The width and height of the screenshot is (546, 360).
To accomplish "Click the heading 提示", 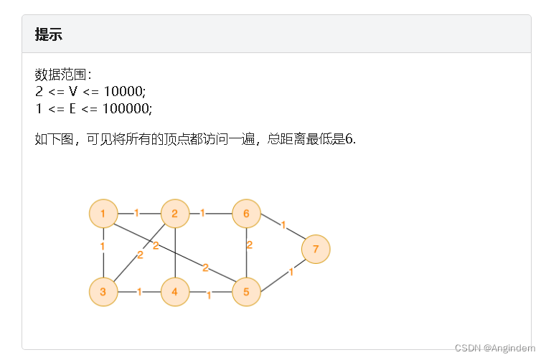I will [48, 34].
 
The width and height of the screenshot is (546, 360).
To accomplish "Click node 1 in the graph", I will [103, 213].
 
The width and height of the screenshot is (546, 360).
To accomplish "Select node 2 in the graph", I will [174, 213].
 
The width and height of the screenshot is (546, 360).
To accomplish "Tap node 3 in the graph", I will [103, 292].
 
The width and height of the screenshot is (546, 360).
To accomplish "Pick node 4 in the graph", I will [174, 292].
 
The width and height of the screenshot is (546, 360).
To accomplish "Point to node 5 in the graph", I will [246, 292].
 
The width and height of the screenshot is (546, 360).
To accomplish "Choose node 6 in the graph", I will [246, 213].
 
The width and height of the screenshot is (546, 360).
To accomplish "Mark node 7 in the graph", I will [316, 249].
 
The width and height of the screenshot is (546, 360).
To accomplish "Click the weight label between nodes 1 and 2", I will [137, 213].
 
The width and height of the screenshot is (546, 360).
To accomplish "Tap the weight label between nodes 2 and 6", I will [203, 213].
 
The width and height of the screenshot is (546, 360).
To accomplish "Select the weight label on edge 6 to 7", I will [283, 225].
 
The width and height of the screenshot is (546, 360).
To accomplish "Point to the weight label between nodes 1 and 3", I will [103, 247].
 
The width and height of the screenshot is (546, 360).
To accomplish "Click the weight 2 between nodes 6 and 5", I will [249, 245].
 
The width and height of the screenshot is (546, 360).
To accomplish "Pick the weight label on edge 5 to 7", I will [291, 272].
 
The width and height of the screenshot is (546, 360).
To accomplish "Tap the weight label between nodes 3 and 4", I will [139, 292].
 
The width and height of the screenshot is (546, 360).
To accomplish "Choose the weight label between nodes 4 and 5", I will [209, 295].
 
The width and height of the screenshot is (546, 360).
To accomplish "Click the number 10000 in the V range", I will [123, 91].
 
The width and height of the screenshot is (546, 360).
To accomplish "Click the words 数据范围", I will [61, 75].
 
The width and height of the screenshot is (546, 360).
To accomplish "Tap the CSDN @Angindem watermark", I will [494, 348].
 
